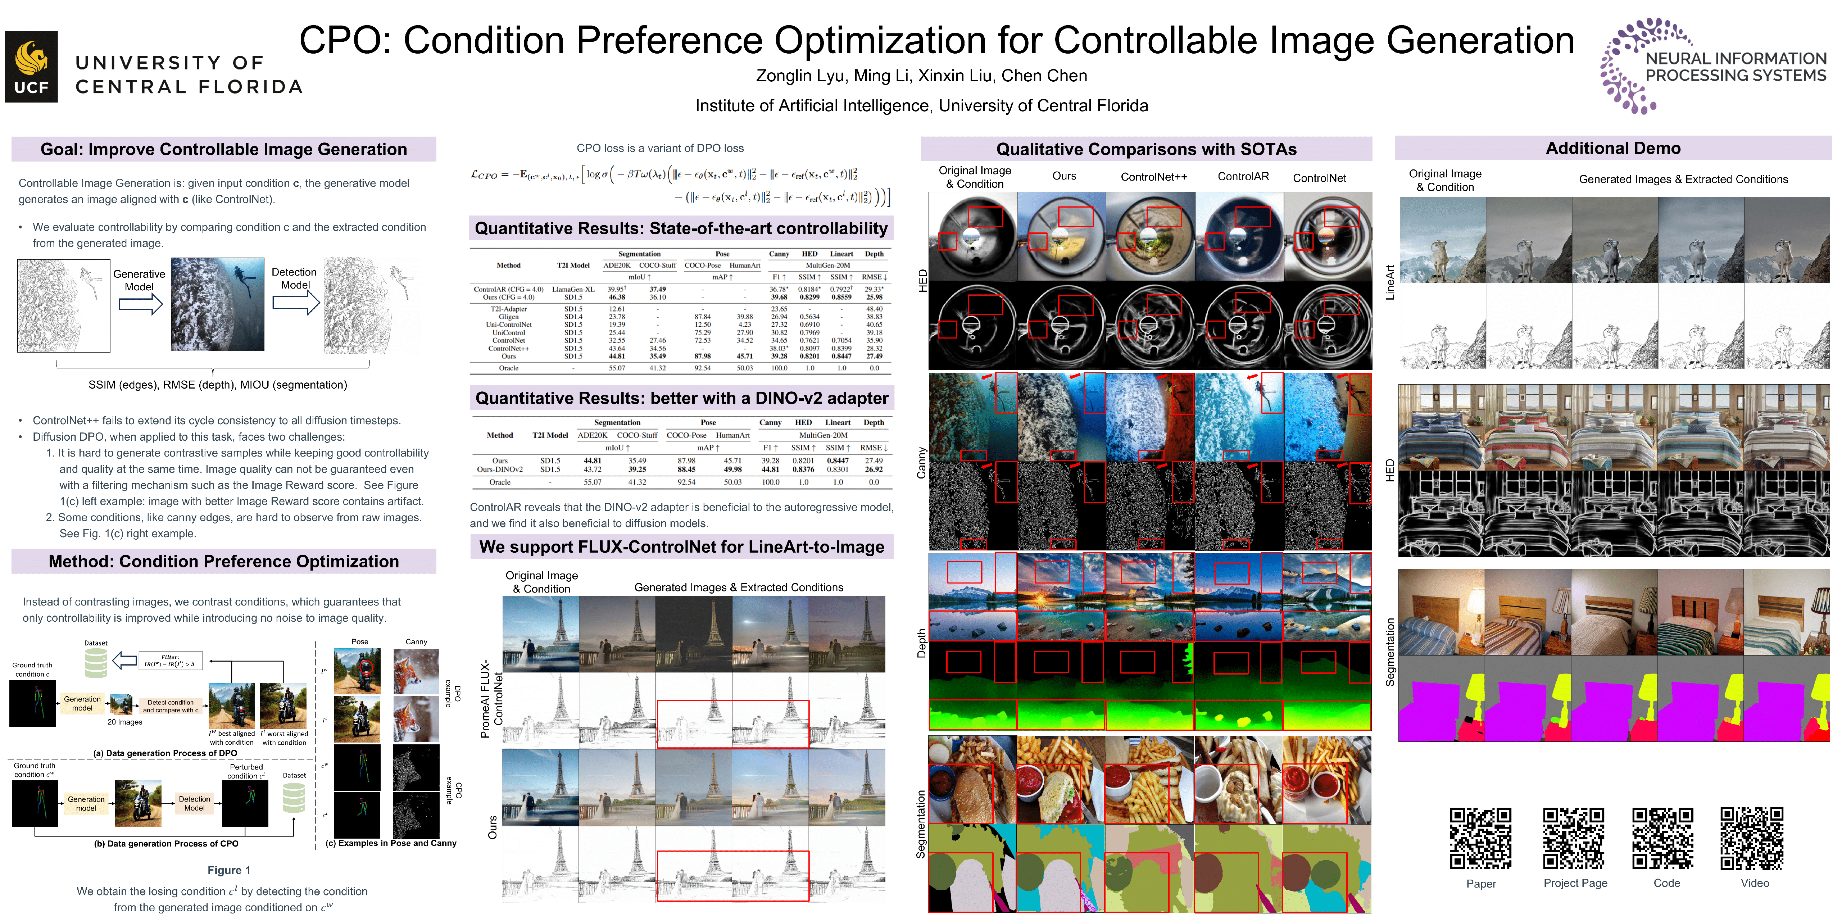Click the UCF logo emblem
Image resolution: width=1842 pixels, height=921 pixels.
pos(31,67)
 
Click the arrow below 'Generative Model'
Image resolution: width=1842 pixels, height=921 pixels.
pos(140,305)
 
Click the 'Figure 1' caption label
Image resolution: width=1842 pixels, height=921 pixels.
pos(229,870)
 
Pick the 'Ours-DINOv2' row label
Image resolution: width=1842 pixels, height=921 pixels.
pos(500,470)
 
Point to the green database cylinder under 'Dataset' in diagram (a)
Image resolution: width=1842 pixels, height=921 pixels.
pos(96,663)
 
